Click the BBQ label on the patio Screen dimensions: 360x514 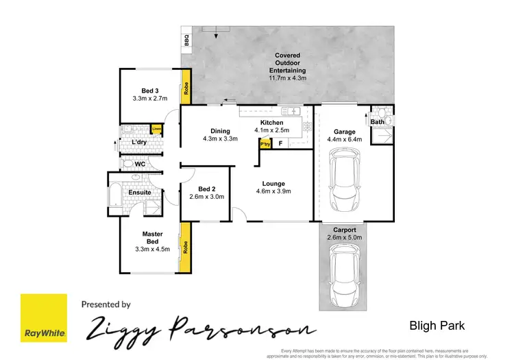pos(186,41)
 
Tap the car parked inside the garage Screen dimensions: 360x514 pos(345,181)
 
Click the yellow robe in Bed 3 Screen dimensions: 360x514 pos(186,89)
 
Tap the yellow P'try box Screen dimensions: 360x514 pos(264,143)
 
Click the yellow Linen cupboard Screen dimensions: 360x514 pos(157,129)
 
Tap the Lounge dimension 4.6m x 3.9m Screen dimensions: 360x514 pos(273,192)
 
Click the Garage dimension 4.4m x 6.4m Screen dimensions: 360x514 pos(343,140)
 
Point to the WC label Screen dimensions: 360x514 pos(139,165)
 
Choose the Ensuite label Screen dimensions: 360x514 pos(139,193)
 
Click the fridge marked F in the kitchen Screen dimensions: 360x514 pos(280,143)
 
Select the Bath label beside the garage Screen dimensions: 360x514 pos(377,122)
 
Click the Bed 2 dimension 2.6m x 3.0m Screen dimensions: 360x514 pos(207,197)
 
